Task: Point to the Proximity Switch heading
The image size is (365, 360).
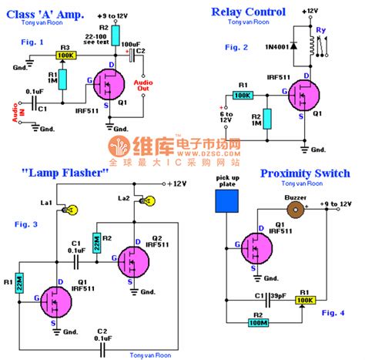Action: pyautogui.click(x=305, y=173)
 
